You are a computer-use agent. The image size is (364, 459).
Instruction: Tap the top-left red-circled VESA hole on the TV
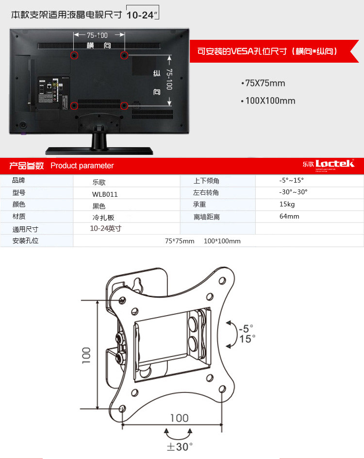pyautogui.click(x=74, y=55)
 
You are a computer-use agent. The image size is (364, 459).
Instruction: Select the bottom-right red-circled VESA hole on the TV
pyautogui.click(x=124, y=105)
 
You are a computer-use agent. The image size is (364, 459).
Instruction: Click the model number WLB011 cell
pyautogui.click(x=105, y=194)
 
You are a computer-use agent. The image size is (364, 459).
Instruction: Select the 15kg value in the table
pyautogui.click(x=287, y=204)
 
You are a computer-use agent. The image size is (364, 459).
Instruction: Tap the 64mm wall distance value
pyautogui.click(x=289, y=216)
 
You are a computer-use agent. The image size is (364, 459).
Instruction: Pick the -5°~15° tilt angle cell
pyautogui.click(x=291, y=180)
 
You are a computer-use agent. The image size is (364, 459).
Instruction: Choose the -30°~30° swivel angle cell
pyautogui.click(x=293, y=192)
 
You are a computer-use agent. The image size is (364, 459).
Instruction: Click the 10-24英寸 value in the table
pyautogui.click(x=105, y=228)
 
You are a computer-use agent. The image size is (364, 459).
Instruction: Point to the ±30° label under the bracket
pyautogui.click(x=180, y=446)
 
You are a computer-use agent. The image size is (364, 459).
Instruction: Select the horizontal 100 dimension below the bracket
pyautogui.click(x=179, y=418)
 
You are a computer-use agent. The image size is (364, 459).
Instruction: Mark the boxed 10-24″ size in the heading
pyautogui.click(x=142, y=15)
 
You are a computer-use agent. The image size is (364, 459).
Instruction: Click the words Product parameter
pyautogui.click(x=82, y=166)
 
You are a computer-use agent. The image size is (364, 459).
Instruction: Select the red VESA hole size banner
pyautogui.click(x=267, y=51)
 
